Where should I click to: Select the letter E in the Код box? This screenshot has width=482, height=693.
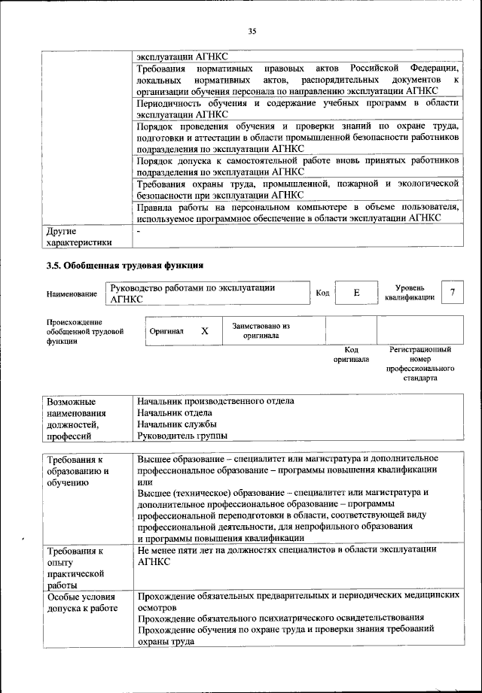point(355,293)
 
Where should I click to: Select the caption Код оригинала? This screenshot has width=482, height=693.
point(350,354)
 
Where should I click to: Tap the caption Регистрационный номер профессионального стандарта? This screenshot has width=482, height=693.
point(419,364)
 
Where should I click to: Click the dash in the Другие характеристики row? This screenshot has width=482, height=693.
point(139,231)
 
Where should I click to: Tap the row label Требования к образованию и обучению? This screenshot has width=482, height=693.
point(78,471)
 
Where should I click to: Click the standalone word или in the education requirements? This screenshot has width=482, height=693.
point(145,482)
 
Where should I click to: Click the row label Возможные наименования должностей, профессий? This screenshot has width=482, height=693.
point(78,418)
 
